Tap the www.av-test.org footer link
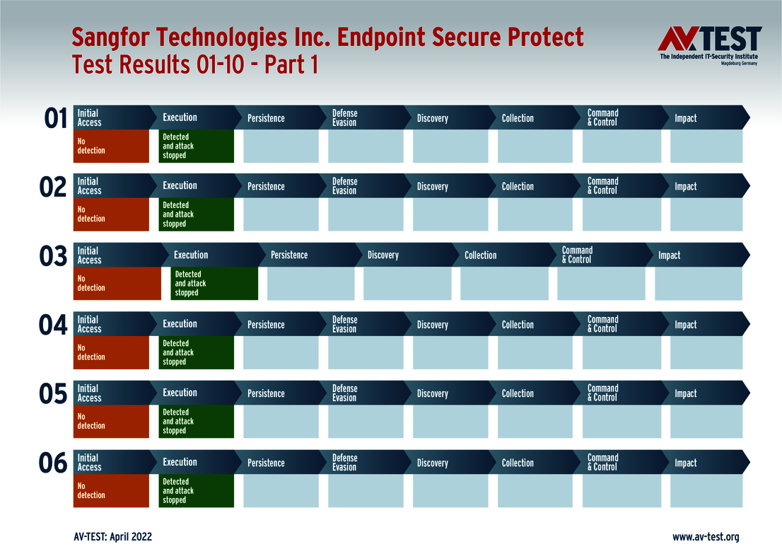coord(705,537)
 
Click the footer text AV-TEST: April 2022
coord(112,537)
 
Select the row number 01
coord(55,119)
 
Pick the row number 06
coord(53,464)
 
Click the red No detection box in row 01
coord(111,146)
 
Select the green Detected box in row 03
coord(214,284)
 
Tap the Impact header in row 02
coord(685,187)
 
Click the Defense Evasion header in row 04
coord(344,325)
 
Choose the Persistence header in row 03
coord(289,255)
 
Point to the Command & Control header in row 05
coord(602,393)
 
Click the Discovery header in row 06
coord(432,463)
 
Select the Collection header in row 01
coord(518,118)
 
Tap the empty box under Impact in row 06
coord(706,491)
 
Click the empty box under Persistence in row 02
coord(281,214)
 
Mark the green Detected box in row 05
coord(196,422)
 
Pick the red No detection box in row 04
coord(111,352)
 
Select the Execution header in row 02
coord(180,186)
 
